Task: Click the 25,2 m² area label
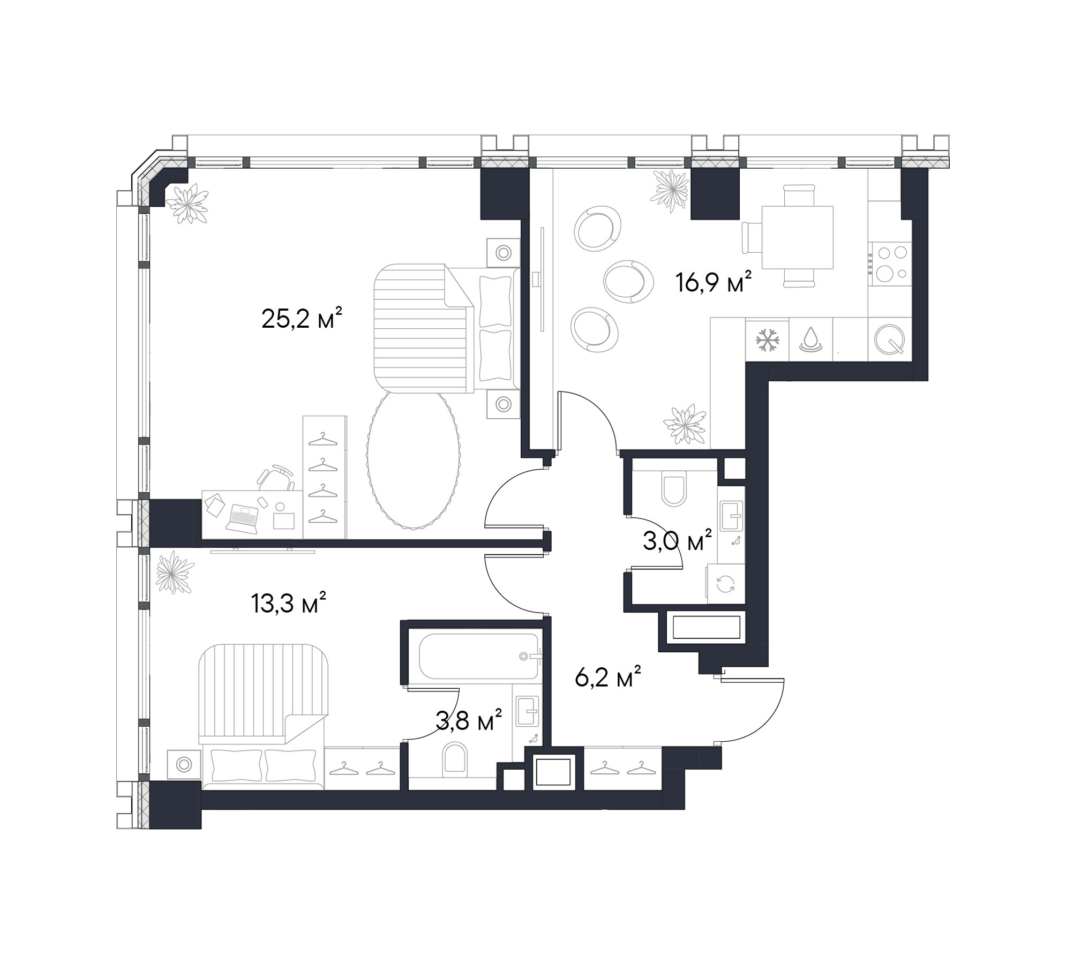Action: tap(301, 319)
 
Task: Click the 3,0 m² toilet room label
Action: tap(677, 541)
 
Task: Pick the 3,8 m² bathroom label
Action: tap(469, 721)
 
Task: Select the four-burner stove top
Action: tap(891, 263)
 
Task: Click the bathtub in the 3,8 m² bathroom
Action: tap(478, 656)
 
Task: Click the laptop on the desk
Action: tap(244, 518)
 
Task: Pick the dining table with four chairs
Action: tap(797, 237)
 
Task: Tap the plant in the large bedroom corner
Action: tap(186, 204)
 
